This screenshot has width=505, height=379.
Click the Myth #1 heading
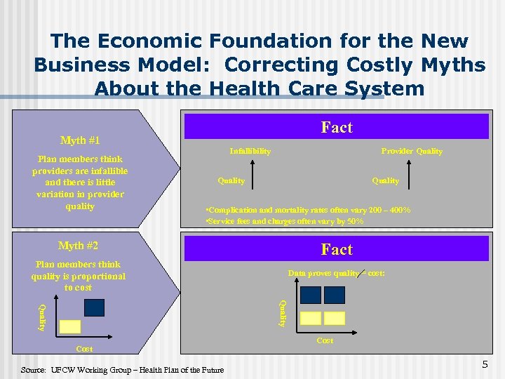pyautogui.click(x=78, y=140)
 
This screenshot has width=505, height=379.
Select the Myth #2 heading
pyautogui.click(x=78, y=246)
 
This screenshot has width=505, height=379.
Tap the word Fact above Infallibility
pyautogui.click(x=336, y=127)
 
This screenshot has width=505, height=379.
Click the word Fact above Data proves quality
pyautogui.click(x=336, y=249)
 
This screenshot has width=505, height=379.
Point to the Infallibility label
pyautogui.click(x=250, y=151)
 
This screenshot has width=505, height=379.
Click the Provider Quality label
pyautogui.click(x=412, y=151)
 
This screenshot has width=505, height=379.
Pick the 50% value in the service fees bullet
pyautogui.click(x=356, y=221)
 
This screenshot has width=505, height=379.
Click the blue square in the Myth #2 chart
pyautogui.click(x=94, y=307)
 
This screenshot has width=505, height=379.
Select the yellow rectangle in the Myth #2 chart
pyautogui.click(x=70, y=326)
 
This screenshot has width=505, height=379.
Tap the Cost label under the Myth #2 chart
pyautogui.click(x=84, y=349)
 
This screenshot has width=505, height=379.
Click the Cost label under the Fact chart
pyautogui.click(x=325, y=340)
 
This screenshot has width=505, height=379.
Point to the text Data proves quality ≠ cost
pyautogui.click(x=336, y=273)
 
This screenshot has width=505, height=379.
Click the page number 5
pyautogui.click(x=483, y=364)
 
